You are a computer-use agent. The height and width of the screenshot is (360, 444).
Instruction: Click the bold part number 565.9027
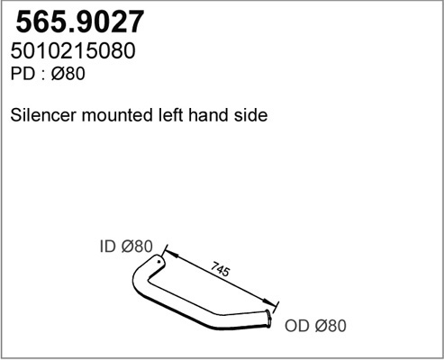[x=80, y=22]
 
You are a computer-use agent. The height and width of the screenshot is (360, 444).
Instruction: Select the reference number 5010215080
[x=73, y=50]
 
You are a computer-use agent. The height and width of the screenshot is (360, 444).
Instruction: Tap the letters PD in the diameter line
[x=23, y=74]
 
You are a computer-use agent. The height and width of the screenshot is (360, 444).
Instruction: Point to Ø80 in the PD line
[x=68, y=74]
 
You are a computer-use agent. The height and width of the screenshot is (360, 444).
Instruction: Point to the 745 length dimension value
[x=221, y=269]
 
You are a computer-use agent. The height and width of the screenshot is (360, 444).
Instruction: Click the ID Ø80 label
[x=126, y=247]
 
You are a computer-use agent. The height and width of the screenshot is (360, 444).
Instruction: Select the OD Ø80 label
[x=315, y=326]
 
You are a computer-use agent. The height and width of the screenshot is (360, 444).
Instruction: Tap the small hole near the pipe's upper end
[x=159, y=262]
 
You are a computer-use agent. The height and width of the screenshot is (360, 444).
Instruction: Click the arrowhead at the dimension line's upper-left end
[x=171, y=254]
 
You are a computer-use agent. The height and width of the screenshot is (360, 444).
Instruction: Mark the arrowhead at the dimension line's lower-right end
[x=268, y=301]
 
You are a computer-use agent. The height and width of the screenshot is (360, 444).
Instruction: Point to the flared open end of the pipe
[x=268, y=319]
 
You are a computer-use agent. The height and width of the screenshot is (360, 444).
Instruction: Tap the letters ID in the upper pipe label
[x=107, y=247]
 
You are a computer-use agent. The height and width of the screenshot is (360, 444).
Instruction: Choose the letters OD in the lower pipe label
[x=296, y=326]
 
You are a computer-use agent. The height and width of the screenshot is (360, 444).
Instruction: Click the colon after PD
[x=43, y=76]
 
